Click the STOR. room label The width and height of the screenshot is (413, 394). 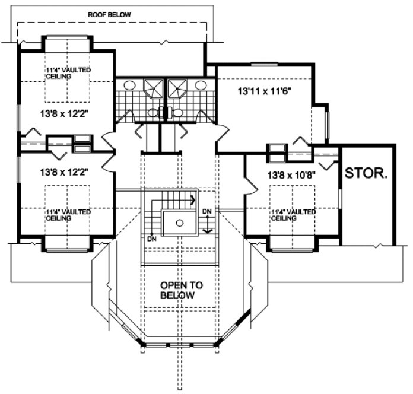(x=366, y=174)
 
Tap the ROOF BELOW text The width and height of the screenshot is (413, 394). (x=110, y=14)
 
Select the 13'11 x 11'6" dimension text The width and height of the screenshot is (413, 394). (x=265, y=92)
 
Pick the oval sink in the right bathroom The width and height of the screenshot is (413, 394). (x=201, y=85)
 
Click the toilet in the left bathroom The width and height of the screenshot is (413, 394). (x=153, y=112)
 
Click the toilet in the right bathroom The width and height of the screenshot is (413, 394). (x=176, y=112)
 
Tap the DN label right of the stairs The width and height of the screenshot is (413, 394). (x=207, y=211)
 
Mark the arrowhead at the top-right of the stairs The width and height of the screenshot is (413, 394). (x=192, y=201)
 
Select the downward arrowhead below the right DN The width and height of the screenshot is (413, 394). (x=207, y=230)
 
